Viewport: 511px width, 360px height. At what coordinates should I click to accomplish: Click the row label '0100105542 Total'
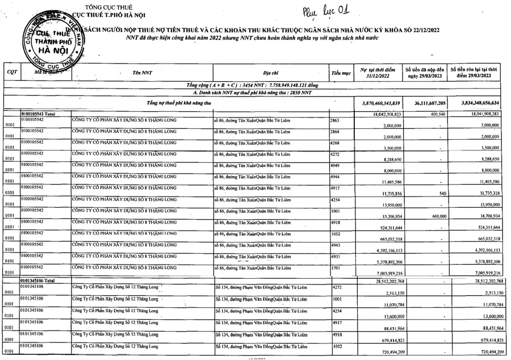38,114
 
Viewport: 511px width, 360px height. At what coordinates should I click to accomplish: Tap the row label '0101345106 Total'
38,281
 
